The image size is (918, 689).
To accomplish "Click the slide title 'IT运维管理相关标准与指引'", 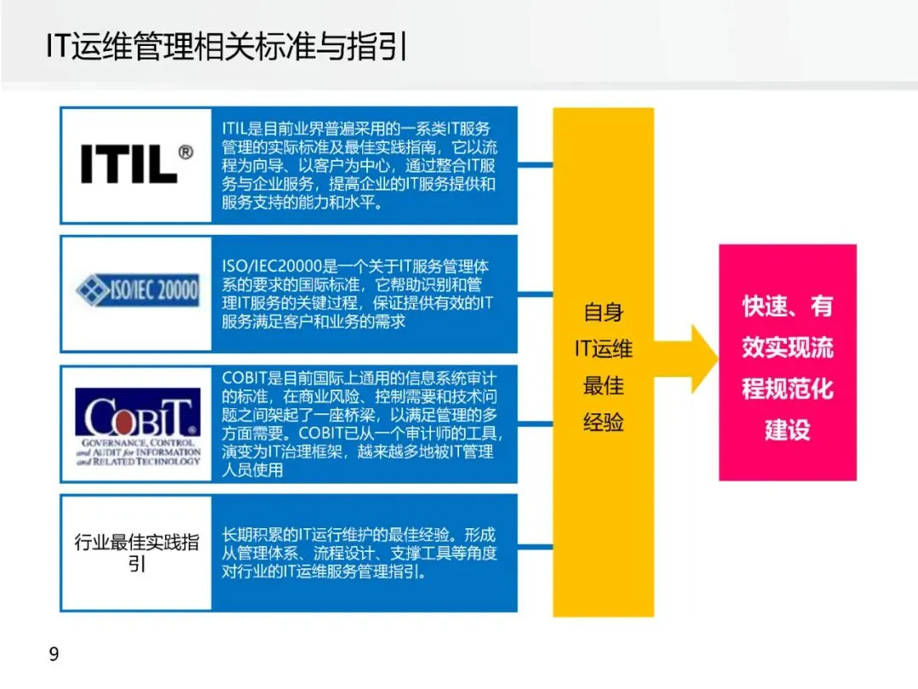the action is pyautogui.click(x=227, y=48).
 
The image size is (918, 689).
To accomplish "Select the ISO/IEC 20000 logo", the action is pyautogui.click(x=136, y=291).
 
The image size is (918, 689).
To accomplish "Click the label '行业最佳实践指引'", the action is pyautogui.click(x=136, y=552).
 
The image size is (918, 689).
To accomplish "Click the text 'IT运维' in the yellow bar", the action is pyautogui.click(x=603, y=349).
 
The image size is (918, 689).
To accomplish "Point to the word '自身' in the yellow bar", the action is pyautogui.click(x=603, y=312).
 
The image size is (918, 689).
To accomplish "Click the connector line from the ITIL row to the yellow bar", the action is pyautogui.click(x=535, y=165).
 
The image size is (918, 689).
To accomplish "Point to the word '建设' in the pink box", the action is pyautogui.click(x=787, y=430).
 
